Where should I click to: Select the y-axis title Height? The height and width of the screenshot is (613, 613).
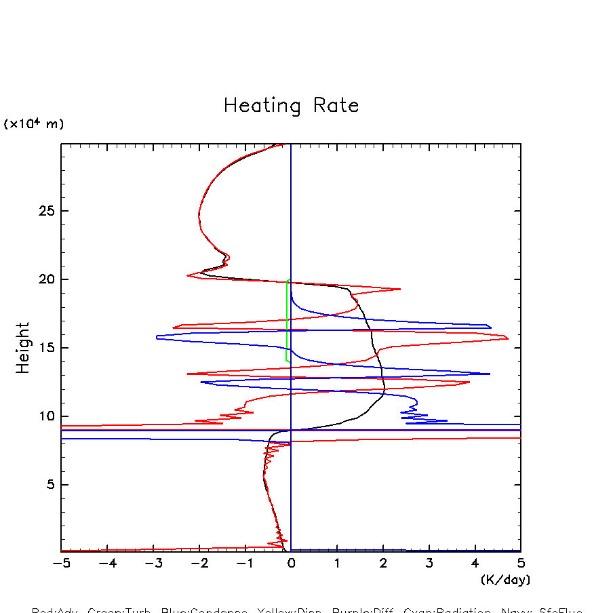23,347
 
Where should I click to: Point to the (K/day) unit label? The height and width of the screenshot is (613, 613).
505,580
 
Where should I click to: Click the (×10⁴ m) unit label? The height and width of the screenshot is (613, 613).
34,124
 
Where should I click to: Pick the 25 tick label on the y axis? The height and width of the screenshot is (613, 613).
45,211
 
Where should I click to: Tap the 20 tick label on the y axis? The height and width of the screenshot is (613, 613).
45,279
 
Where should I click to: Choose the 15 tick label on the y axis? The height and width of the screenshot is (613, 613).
45,348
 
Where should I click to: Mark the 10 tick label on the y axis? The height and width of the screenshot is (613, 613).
45,416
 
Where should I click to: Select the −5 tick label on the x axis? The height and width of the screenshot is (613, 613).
58,563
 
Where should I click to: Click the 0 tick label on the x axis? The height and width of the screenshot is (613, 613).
291,563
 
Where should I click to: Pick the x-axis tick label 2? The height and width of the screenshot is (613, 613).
383,563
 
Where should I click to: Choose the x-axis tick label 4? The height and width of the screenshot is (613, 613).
475,563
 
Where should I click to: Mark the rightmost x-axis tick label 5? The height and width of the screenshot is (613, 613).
521,563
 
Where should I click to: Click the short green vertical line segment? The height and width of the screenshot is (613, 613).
287,319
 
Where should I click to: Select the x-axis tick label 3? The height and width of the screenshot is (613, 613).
429,563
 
